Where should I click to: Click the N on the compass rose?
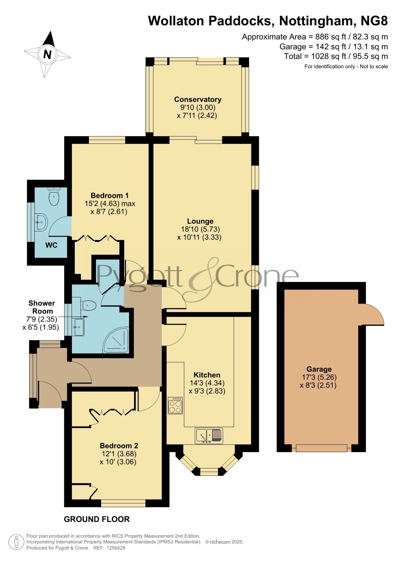pos(47,55)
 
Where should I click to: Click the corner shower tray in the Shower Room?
pos(116,340)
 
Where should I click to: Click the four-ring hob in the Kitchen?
pos(175,406)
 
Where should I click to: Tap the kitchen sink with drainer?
pos(209,436)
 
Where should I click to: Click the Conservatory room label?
pos(198,99)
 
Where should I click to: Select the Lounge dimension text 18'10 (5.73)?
pos(200,229)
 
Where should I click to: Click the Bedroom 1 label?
pos(110,195)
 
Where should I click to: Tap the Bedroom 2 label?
pos(119,445)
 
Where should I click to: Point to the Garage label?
pos(319,369)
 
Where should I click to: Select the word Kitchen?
pos(207,375)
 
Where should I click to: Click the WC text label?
pos(51,245)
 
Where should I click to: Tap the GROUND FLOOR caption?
pos(97,519)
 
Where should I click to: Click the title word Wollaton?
pos(176,21)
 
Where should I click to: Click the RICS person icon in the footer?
pos(16,542)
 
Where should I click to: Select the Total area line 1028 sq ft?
pos(336,56)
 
